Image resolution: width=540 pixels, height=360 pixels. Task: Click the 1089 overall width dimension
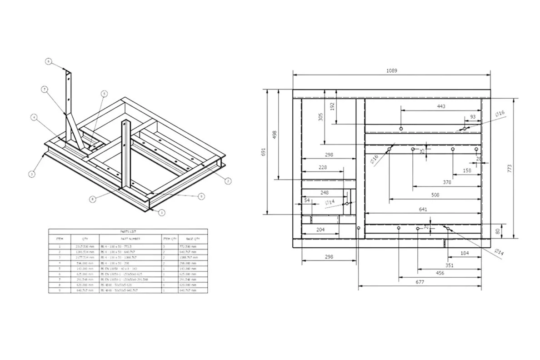pyautogui.click(x=391, y=70)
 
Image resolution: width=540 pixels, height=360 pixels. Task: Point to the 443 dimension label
pyautogui.click(x=440, y=106)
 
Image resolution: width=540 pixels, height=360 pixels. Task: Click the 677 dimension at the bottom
pyautogui.click(x=420, y=282)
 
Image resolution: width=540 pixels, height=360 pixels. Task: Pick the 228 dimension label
pyautogui.click(x=322, y=167)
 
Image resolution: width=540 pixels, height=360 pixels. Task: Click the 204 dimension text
pyautogui.click(x=320, y=230)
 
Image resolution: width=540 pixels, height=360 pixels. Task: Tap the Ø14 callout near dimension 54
pyautogui.click(x=330, y=201)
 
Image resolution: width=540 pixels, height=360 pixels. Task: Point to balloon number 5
pyautogui.click(x=104, y=94)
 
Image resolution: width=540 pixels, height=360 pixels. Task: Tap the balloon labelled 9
pyautogui.click(x=201, y=196)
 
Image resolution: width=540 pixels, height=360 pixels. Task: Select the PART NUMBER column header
pyautogui.click(x=130, y=238)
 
